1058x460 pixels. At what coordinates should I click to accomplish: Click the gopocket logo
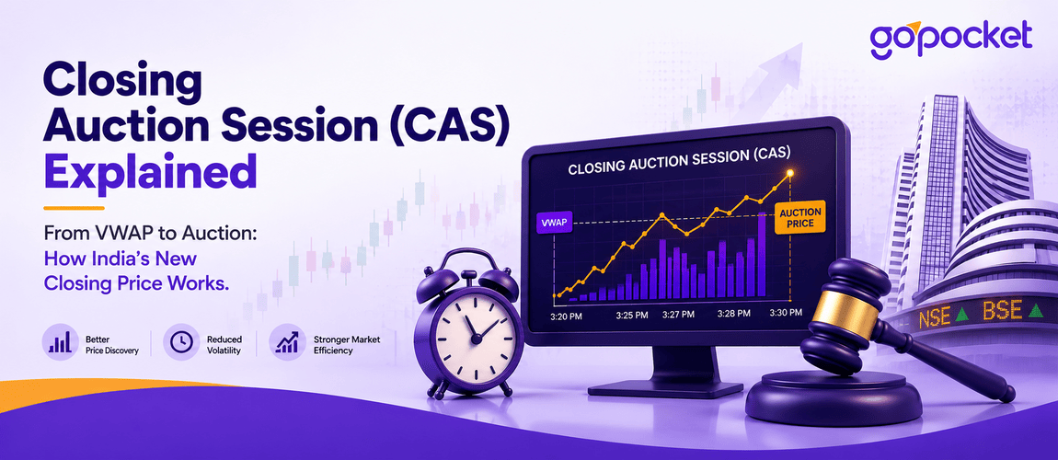point(950,39)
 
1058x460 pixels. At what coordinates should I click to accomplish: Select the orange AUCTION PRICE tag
point(800,217)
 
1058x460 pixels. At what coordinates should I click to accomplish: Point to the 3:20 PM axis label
point(569,314)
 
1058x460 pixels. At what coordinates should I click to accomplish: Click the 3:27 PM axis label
point(679,315)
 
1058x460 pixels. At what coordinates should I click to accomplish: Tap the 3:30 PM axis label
point(787,312)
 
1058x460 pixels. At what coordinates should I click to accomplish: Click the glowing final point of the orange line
point(791,173)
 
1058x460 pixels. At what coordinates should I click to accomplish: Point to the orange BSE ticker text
point(1003,311)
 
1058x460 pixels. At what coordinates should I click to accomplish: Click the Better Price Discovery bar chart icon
point(60,342)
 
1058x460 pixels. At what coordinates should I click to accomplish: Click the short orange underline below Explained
point(75,208)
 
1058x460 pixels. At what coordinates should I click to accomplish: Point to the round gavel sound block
point(834,398)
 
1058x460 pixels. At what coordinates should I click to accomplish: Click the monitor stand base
point(665,388)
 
